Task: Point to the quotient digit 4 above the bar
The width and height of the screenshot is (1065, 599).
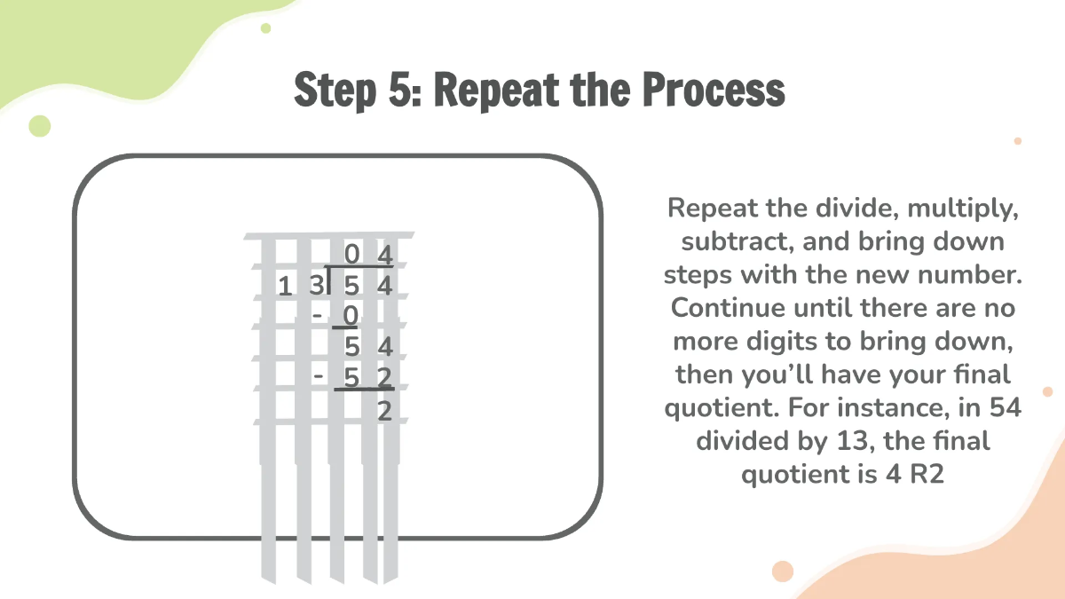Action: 384,256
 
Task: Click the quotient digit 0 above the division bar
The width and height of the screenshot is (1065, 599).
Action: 352,256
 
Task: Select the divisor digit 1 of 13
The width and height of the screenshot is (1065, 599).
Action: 285,286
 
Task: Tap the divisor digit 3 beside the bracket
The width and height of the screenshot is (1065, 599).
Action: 315,286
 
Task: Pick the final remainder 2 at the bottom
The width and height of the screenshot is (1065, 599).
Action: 384,411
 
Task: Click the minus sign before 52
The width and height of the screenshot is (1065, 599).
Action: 318,376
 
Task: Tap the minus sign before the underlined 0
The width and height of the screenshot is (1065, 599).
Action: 316,314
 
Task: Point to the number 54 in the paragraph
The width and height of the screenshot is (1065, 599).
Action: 1004,407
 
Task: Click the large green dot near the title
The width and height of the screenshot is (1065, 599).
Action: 40,126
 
